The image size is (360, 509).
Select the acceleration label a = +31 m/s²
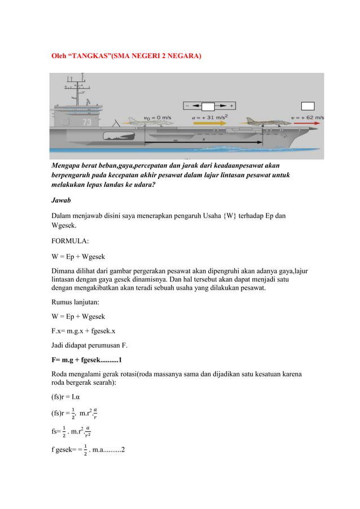[x=213, y=118]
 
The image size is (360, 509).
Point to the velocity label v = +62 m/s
[x=307, y=118]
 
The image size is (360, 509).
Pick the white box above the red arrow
[x=308, y=106]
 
